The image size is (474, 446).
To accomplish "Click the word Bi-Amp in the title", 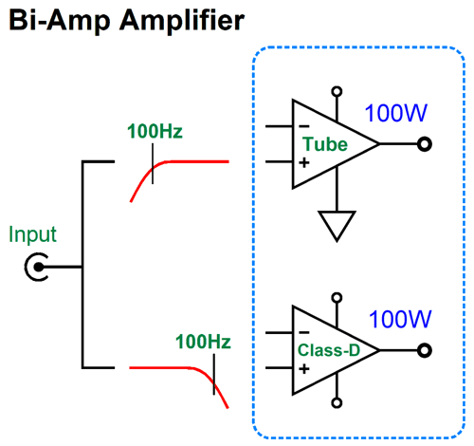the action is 60,21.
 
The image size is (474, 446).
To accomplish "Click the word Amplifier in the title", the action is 182,21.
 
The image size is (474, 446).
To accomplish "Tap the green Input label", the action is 32,235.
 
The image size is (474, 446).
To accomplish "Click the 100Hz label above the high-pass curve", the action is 155,131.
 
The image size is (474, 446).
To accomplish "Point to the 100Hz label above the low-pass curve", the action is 203,342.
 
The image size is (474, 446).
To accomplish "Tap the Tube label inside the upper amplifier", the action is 325,144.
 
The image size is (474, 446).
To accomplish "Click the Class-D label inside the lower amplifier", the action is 329,350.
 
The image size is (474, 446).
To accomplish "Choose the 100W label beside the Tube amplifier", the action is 396,113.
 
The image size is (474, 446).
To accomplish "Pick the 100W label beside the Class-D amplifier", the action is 400,319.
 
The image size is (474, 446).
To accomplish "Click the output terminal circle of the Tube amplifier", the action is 425,144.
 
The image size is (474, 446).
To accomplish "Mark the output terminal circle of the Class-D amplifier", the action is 425,350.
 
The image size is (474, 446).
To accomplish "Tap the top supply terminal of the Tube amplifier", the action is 337,92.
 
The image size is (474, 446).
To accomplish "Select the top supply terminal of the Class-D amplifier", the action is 337,298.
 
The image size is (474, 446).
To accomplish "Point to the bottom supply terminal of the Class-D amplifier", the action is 337,403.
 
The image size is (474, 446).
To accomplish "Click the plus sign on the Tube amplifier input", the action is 304,163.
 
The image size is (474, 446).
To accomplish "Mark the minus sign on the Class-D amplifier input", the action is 304,332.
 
